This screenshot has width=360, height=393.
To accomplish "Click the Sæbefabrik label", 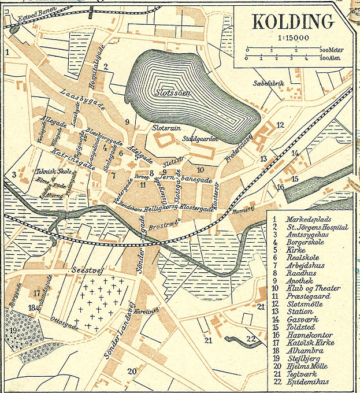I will (270, 84).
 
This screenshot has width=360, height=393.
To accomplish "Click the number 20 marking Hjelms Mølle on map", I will (132, 371).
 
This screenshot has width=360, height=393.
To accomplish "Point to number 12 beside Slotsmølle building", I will (280, 125).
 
